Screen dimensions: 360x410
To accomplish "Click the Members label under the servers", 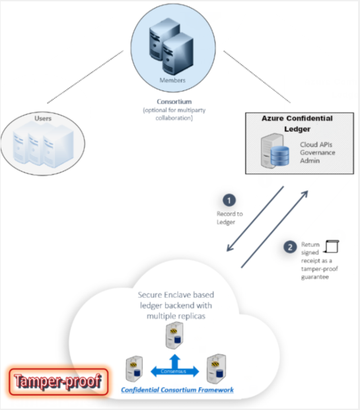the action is click(172, 81).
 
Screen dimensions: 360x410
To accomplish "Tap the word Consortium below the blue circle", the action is click(174, 102).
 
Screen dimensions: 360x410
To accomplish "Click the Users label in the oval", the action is click(43, 118).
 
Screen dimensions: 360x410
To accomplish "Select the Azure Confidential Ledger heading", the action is click(297, 123).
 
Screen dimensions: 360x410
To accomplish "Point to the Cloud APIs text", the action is click(316, 145).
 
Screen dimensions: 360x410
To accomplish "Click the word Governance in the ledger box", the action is click(317, 153).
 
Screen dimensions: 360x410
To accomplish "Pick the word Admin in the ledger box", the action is click(310, 160).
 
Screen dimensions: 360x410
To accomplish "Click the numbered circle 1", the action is click(229, 201).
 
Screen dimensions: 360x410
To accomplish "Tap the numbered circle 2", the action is click(290, 247).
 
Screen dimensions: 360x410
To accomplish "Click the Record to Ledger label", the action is click(229, 218).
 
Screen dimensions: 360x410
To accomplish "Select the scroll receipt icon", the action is click(332, 246).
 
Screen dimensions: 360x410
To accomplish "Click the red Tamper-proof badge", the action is click(58, 382).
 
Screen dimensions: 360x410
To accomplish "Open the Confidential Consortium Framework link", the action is click(177, 390).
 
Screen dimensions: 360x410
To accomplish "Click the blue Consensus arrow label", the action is click(174, 371).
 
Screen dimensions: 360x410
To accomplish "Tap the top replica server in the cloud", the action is click(174, 335).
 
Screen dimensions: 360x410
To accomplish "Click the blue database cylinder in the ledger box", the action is click(279, 156).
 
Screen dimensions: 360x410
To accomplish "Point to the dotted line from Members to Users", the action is click(85, 77).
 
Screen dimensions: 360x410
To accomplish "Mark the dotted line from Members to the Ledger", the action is click(257, 77).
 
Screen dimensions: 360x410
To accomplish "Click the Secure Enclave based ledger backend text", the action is click(176, 306).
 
